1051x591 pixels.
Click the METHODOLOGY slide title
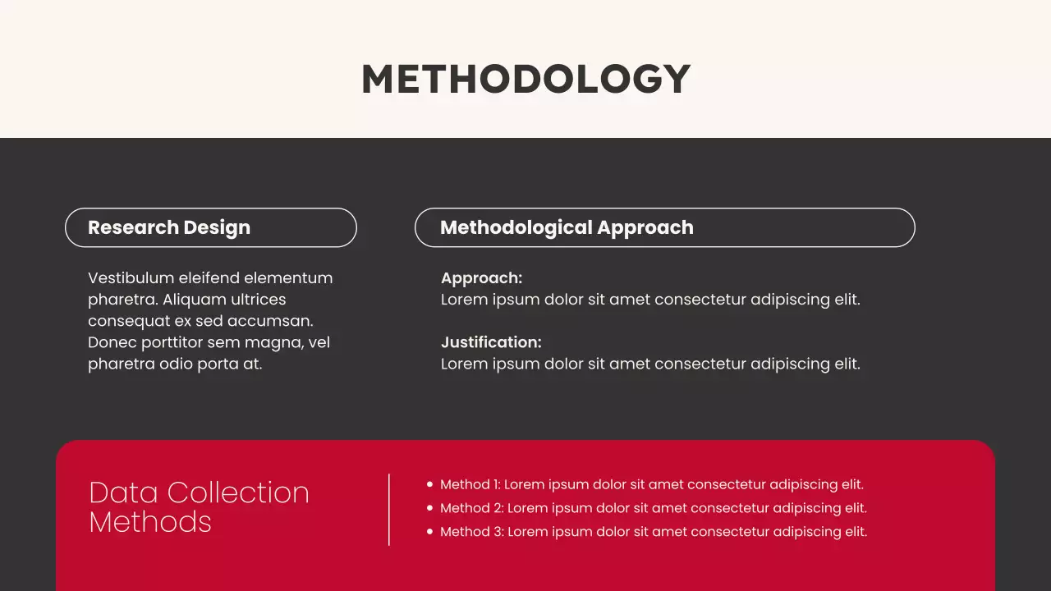[525, 80]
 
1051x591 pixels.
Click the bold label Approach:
[481, 278]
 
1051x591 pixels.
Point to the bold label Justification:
[491, 342]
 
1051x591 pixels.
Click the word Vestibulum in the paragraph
[131, 278]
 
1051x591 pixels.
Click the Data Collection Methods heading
[199, 506]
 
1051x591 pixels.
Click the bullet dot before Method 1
[429, 485]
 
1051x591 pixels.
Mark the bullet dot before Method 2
[429, 508]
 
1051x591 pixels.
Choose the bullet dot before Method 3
[429, 532]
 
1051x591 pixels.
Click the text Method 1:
[470, 485]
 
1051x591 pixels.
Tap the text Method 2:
[471, 508]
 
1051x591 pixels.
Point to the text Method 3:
[471, 532]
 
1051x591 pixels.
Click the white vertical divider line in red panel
[389, 509]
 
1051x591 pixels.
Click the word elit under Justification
[847, 364]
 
